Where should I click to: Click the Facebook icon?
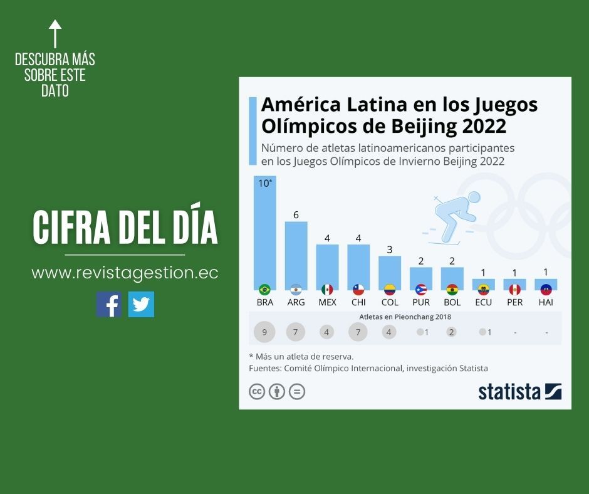click(x=108, y=304)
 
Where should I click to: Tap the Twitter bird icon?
click(x=141, y=304)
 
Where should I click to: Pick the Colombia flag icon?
click(x=389, y=290)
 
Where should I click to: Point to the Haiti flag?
click(x=546, y=290)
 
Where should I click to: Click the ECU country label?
click(x=483, y=302)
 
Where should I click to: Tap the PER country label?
click(x=514, y=302)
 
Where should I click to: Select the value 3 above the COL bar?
click(x=389, y=250)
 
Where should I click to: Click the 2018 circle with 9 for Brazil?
click(x=265, y=332)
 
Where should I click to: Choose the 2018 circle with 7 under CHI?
click(x=358, y=332)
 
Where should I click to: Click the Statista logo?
click(x=519, y=391)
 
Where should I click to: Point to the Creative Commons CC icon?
click(x=257, y=392)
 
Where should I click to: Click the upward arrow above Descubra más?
click(x=55, y=33)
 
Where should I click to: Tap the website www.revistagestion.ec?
click(x=125, y=273)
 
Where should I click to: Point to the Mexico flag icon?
click(x=327, y=290)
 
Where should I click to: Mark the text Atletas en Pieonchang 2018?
click(x=405, y=317)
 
